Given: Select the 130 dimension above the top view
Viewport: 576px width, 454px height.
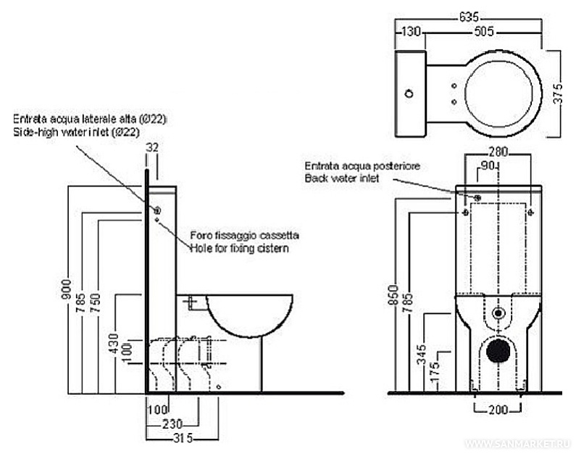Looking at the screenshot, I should pos(410,32).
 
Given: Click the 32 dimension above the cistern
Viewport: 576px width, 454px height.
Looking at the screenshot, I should pos(152,146).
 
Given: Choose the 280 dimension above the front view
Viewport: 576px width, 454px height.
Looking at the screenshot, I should pos(498,152).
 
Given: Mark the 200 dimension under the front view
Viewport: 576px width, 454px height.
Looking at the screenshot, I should pos(498,410).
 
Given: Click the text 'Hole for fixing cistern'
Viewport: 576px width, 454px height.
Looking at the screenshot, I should pos(239,249).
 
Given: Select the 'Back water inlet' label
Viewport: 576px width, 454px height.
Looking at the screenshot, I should pos(340,178).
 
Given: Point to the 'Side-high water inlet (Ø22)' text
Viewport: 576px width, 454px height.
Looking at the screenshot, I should pos(75,133).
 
